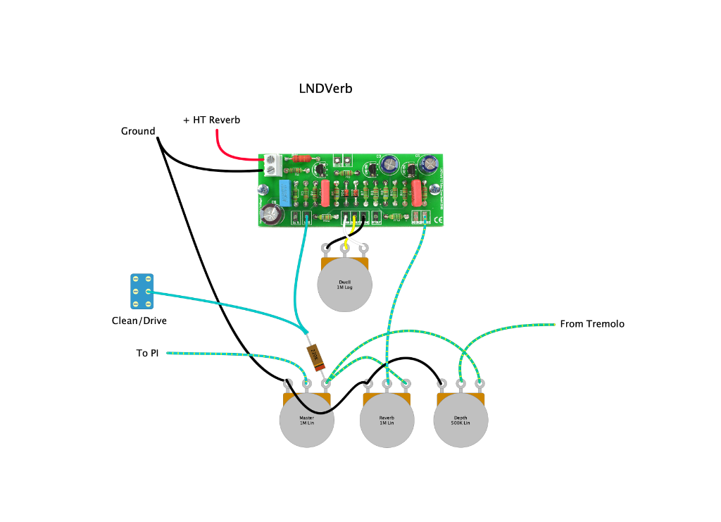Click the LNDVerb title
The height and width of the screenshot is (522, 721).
pyautogui.click(x=325, y=89)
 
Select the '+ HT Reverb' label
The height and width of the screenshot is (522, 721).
pyautogui.click(x=211, y=120)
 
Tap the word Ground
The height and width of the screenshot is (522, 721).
pyautogui.click(x=138, y=131)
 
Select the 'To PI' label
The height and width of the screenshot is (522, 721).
pyautogui.click(x=147, y=353)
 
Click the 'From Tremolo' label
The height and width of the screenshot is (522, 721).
pyautogui.click(x=592, y=324)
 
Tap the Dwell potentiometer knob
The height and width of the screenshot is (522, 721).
pyautogui.click(x=344, y=285)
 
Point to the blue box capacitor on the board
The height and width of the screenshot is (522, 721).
pyautogui.click(x=284, y=189)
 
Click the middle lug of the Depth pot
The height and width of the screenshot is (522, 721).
pyautogui.click(x=460, y=383)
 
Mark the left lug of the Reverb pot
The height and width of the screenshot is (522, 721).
pyautogui.click(x=367, y=384)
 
